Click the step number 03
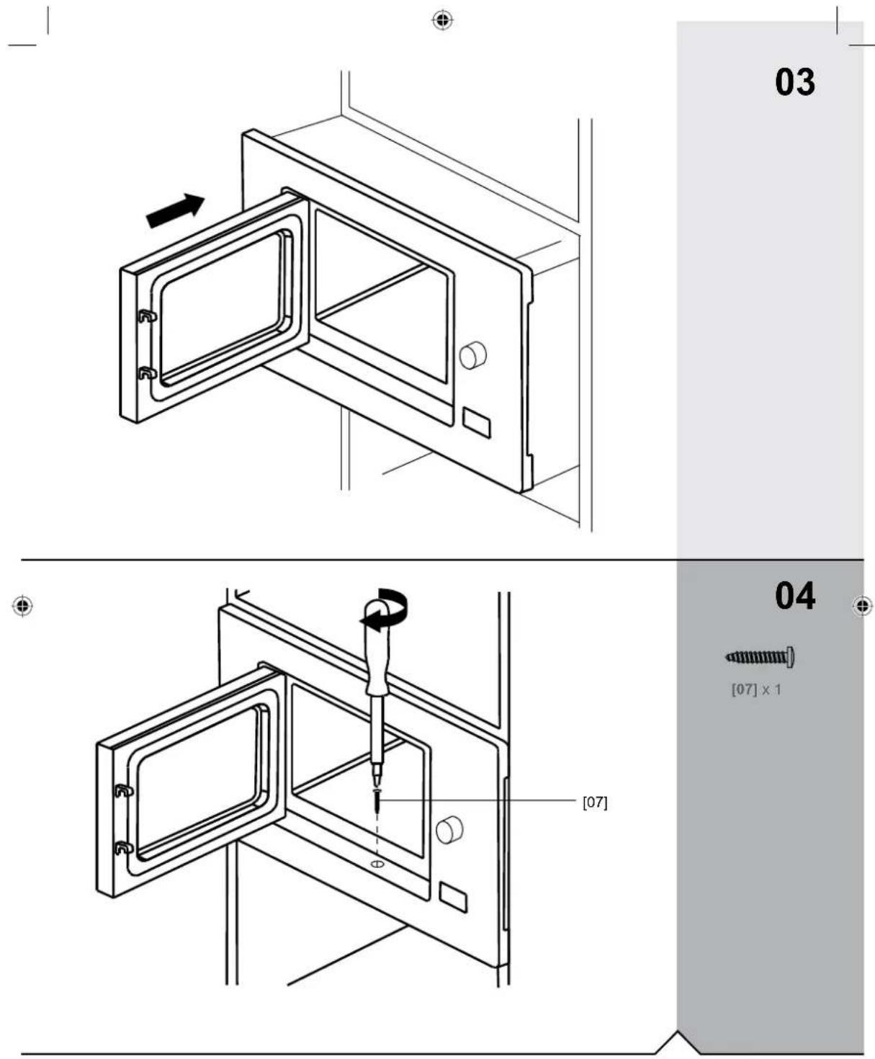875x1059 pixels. [794, 81]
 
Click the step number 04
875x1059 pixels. [794, 595]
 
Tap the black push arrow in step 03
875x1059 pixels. [175, 211]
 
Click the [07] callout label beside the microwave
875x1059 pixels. [594, 802]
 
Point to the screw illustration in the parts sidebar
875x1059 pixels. [760, 656]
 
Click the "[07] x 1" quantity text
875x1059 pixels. [755, 689]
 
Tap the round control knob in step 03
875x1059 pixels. [473, 354]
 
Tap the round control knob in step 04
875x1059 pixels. [449, 831]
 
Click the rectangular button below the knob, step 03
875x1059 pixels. [476, 422]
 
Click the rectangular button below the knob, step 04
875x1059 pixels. [452, 897]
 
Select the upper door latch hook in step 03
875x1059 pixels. [146, 316]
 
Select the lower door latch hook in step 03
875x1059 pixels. [146, 372]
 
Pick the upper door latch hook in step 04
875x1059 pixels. [123, 790]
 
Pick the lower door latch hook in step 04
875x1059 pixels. [123, 847]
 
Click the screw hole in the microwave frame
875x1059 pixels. [377, 863]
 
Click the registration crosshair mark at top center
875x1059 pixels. [442, 20]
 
